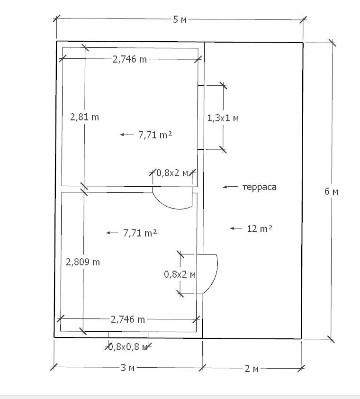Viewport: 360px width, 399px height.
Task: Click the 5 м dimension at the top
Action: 180,19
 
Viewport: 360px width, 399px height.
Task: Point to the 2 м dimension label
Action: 252,368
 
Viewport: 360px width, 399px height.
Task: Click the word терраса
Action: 259,187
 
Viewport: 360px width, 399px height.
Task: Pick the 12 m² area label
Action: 260,229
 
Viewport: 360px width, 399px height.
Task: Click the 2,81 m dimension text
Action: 84,117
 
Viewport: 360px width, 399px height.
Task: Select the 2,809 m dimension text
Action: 83,262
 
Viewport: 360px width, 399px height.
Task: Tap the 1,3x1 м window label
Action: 223,118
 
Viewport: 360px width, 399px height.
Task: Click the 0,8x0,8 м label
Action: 128,347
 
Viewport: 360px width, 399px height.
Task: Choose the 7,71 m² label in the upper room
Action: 155,135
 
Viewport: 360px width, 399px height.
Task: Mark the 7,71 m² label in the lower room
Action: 140,233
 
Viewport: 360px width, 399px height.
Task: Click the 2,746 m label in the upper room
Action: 130,59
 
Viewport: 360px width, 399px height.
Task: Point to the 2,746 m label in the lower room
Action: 128,319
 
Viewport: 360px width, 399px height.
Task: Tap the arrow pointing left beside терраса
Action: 230,187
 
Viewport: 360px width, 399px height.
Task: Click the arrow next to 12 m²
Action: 236,228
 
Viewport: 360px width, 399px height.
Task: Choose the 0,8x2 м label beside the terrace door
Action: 180,274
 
